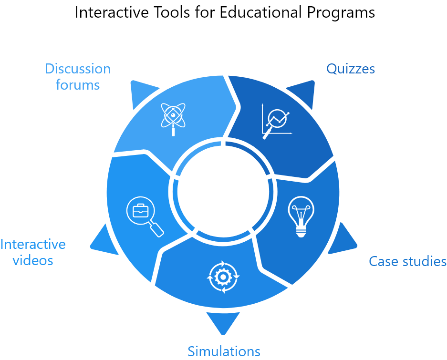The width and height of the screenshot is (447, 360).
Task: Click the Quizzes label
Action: [x=350, y=69]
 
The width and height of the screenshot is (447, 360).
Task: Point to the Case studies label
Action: [x=407, y=261]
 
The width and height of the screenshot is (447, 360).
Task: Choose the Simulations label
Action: [x=224, y=351]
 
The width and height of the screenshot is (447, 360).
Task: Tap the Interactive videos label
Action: [x=33, y=252]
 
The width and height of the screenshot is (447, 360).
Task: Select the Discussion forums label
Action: [x=78, y=76]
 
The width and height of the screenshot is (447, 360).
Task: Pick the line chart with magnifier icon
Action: [x=276, y=121]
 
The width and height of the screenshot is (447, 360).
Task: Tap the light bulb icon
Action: [x=301, y=217]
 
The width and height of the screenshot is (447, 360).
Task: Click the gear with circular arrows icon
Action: [x=223, y=276]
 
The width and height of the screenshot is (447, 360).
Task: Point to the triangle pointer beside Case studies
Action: [x=344, y=240]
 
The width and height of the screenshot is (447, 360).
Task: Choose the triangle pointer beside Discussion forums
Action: [x=142, y=93]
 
